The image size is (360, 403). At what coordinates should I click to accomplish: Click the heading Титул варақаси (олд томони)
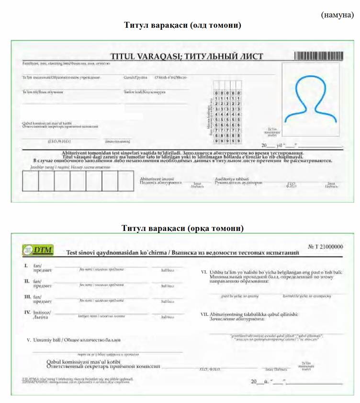182,25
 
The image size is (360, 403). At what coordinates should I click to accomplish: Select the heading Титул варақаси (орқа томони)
182,228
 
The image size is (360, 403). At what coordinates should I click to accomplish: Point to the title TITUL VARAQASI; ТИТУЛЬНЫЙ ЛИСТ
187,57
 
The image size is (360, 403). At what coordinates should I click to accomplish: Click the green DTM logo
38,250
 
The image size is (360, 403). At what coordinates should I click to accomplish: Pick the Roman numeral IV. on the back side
27,312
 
